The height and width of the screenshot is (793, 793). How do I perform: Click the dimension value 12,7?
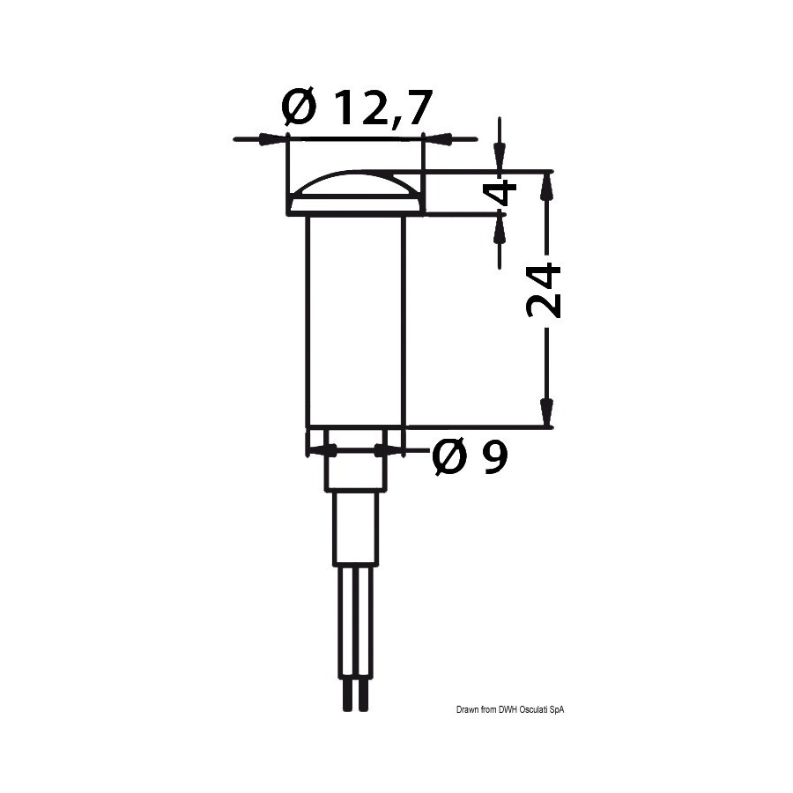pyautogui.click(x=383, y=107)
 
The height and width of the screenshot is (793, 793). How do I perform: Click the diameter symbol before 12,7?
pyautogui.click(x=300, y=107)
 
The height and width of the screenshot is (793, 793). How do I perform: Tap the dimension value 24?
pyautogui.click(x=544, y=291)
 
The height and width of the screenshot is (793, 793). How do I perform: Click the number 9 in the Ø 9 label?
pyautogui.click(x=494, y=457)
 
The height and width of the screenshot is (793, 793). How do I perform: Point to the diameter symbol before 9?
pyautogui.click(x=448, y=457)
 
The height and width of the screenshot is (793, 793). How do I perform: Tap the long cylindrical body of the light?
pyautogui.click(x=356, y=321)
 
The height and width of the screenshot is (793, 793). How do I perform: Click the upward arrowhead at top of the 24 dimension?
pyautogui.click(x=545, y=186)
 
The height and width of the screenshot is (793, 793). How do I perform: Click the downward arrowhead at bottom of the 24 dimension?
pyautogui.click(x=545, y=413)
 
